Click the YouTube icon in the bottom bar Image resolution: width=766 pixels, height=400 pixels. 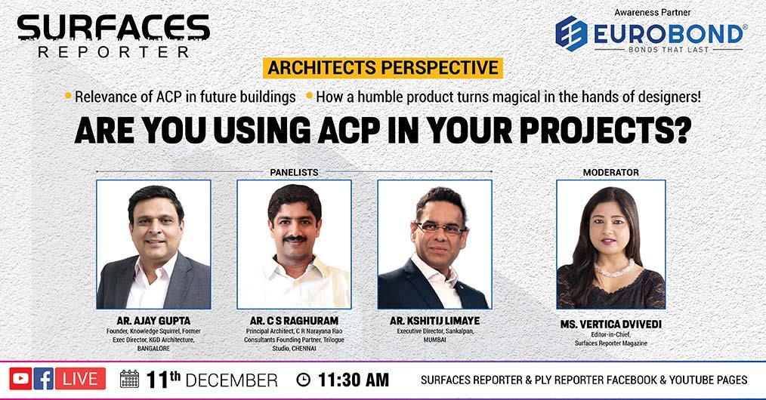20,379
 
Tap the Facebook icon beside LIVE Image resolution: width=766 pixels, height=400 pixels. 44,379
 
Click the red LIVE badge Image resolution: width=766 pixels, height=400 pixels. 80,379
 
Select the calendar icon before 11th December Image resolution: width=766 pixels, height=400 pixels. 129,379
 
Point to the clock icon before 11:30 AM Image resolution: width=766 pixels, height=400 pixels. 304,380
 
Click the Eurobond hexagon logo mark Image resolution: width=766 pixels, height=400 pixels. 571,34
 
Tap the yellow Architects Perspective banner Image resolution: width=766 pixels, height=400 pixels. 382,68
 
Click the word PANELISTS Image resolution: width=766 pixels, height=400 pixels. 294,172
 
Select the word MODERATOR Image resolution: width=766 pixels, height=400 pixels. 610,172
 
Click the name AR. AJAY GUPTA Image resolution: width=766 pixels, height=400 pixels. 153,321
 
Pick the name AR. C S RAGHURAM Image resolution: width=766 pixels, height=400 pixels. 294,321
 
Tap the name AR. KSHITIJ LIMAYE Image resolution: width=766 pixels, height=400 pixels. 435,321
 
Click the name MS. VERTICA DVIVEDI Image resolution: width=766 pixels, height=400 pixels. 610,325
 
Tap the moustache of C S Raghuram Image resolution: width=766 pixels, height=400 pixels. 295,239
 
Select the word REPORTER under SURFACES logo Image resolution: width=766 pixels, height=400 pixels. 113,52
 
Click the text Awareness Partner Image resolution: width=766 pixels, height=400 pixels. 653,12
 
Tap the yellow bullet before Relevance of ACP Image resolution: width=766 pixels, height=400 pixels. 68,95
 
